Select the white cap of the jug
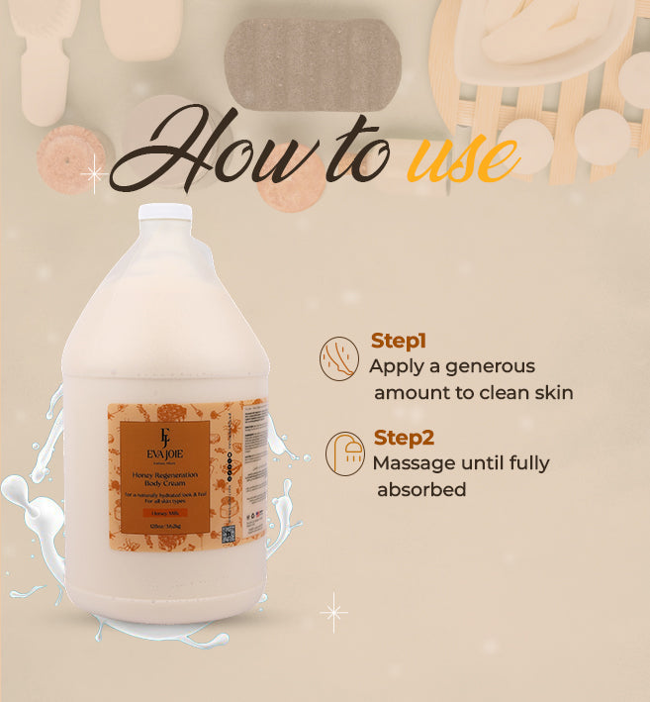coord(164,213)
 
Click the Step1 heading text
coord(399,341)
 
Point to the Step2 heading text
coord(404,438)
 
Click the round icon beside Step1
coord(339,357)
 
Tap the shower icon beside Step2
coord(345,452)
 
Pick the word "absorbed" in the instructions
coord(420,490)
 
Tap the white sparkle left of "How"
coord(94,175)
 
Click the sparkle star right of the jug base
coord(333,612)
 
